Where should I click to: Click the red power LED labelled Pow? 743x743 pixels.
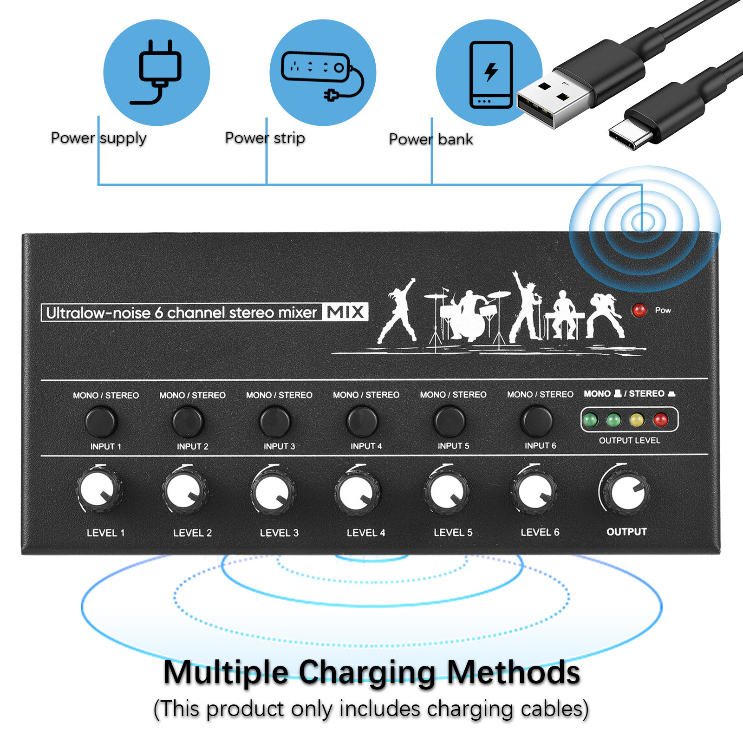(639, 310)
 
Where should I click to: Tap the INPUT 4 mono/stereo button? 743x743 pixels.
(362, 421)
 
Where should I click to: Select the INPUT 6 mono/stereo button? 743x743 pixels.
(537, 420)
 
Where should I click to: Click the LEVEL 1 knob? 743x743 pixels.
(99, 490)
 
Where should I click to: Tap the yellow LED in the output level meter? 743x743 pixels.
(637, 420)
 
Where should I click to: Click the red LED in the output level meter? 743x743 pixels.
(660, 420)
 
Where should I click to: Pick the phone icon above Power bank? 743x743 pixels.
(491, 74)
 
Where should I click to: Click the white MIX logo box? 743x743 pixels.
(345, 312)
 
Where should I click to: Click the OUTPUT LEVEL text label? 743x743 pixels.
(629, 440)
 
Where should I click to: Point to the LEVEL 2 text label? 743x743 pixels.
(192, 533)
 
